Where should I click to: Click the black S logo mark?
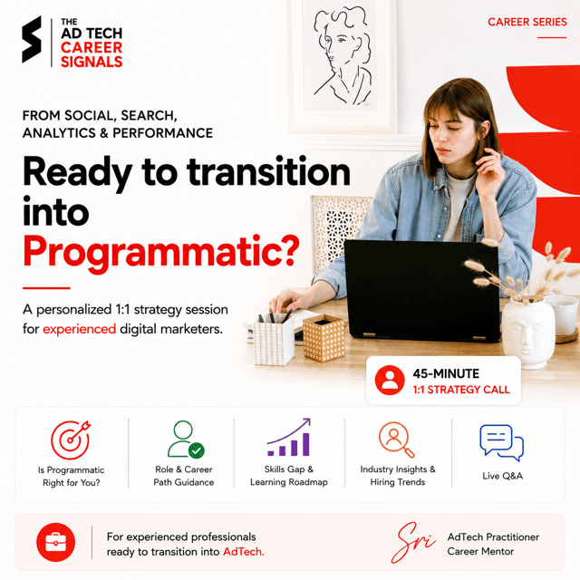coord(32,39)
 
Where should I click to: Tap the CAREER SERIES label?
coord(527,22)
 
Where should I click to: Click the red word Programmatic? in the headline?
coord(161,252)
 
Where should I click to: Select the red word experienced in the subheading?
coord(79,329)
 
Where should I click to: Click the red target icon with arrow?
coord(71,440)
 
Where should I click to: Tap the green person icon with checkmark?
coord(185,439)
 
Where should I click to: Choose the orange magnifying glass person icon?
coord(397,440)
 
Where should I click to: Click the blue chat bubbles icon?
coord(502,443)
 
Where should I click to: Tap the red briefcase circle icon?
coord(56,542)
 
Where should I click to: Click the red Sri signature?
coord(413,543)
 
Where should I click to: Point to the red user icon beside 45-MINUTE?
coord(390,381)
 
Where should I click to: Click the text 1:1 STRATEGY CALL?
coord(461,390)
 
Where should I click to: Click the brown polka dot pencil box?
coord(324,338)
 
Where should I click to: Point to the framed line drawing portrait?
coord(343,65)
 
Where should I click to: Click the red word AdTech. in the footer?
coord(244,552)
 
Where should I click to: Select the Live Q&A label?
coord(502,476)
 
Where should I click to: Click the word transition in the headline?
coord(268,172)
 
